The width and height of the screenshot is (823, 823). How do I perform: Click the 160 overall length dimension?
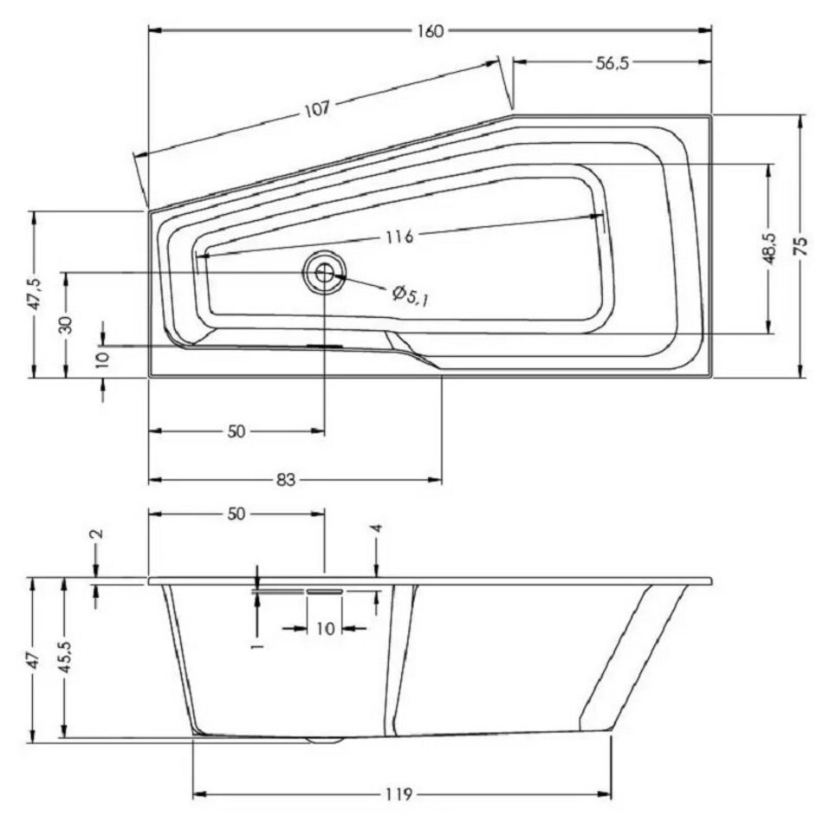click(431, 31)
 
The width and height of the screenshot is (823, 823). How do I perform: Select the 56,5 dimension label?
click(612, 63)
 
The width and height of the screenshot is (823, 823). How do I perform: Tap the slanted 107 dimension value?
click(318, 108)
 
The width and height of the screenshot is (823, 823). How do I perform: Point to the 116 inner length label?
click(399, 237)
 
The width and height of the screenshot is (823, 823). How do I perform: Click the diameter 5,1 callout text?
click(410, 295)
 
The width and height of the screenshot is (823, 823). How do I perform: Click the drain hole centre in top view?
click(324, 272)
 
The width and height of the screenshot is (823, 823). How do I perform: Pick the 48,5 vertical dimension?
click(769, 249)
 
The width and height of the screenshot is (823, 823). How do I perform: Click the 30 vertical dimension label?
click(66, 325)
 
